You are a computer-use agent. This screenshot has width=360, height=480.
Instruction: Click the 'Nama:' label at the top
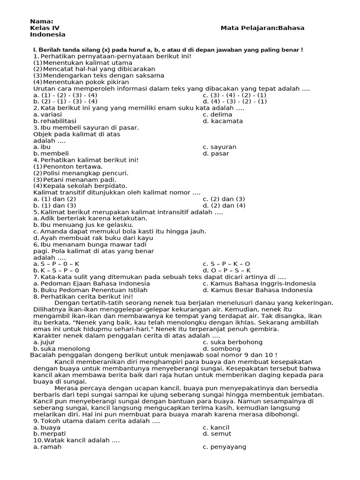pos(42,22)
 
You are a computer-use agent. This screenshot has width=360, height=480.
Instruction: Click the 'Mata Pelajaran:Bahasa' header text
pos(262,28)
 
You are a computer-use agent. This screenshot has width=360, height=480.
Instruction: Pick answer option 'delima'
pos(221,114)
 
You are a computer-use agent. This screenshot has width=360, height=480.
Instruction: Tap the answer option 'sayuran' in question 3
pos(223,147)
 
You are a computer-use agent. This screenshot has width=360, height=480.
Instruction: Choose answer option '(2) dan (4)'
pos(228,205)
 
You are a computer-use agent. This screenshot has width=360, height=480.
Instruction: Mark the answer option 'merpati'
pos(53,434)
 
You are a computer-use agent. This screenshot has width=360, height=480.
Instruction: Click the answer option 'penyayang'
pos(228,447)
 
